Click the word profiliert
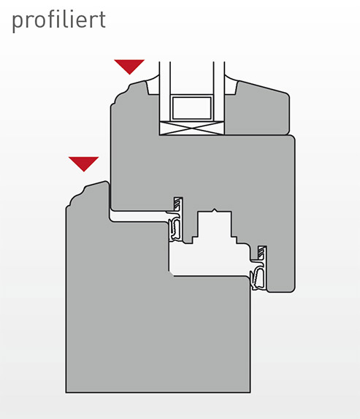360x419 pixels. coord(59,20)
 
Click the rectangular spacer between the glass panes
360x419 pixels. coord(192,108)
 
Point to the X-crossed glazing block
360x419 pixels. coord(191,128)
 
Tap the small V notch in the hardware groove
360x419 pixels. coord(214,210)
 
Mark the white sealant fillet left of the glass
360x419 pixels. coord(153,85)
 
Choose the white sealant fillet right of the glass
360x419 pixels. coord(231,85)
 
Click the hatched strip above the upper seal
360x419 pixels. coord(177,204)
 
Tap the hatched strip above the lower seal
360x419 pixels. coord(261,253)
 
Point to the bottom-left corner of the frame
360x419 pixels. coord(66,393)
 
